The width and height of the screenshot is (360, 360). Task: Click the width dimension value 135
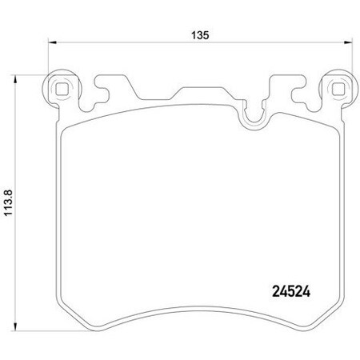pos(200,35)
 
